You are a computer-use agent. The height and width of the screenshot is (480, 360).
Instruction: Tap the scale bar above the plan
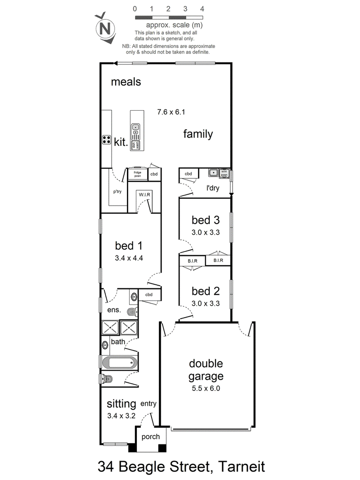coord(169,18)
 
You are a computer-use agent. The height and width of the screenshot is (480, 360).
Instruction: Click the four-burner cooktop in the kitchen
coord(106,140)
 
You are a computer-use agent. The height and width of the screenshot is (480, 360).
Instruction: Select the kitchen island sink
coord(135,131)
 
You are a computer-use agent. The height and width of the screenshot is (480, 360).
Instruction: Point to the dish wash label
coord(135,145)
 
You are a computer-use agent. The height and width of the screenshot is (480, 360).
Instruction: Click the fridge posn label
coord(137,174)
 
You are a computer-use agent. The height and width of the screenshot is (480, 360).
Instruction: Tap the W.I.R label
coord(144,195)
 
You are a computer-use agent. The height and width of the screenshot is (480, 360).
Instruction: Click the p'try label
coord(117,192)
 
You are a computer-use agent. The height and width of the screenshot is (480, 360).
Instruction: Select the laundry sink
coord(213,173)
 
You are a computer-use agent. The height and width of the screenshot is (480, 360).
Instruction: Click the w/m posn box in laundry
coord(224,173)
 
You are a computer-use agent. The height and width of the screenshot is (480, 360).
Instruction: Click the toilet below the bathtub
coord(106,379)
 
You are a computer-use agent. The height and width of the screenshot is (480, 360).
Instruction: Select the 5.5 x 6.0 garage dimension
coord(206,389)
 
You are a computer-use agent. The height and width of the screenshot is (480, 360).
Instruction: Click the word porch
coord(151,437)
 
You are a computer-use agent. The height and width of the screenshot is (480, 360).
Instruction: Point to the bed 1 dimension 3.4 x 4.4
coord(129,258)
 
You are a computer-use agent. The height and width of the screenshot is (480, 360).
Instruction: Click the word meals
coord(126,82)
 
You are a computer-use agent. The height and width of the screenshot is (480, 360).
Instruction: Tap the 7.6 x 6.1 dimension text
coord(171,112)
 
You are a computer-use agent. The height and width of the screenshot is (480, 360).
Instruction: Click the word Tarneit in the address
coord(242,467)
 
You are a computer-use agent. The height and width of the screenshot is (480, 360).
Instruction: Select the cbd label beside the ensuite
coord(149,295)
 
